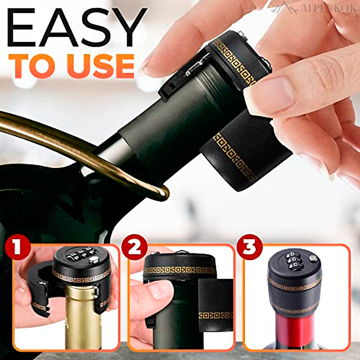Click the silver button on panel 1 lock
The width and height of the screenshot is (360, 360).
tap(95, 260)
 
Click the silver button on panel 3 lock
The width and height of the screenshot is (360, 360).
tap(313, 257)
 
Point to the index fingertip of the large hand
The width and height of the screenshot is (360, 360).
tap(150, 64)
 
